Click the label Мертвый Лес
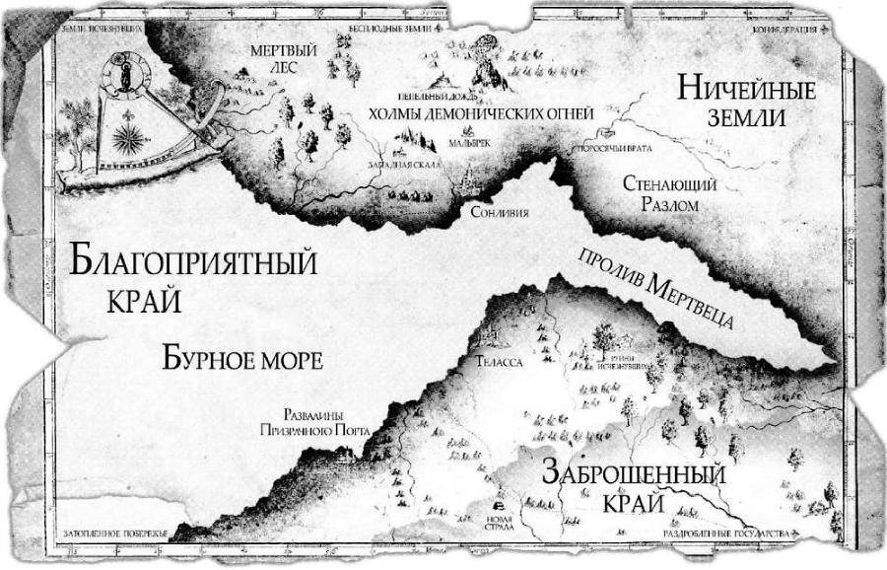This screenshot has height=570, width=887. pos(272,59)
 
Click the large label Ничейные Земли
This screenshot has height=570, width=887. pos(747,103)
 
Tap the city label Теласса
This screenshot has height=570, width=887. pos(501,362)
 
